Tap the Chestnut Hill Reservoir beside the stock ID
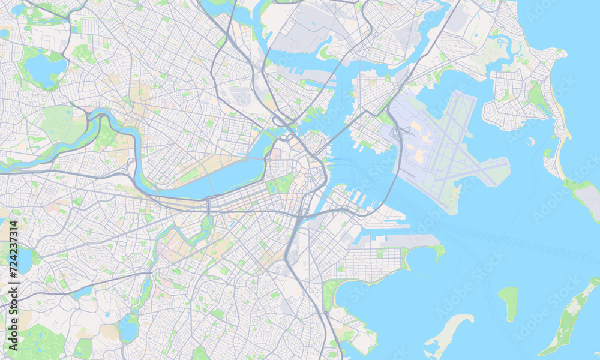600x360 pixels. coord(24,260)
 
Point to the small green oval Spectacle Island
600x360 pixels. coord(509,302)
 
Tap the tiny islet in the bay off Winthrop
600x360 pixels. coord(530,142)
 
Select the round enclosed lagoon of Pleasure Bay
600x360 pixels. coord(422,261)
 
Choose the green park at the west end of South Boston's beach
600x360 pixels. coord(331,293)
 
